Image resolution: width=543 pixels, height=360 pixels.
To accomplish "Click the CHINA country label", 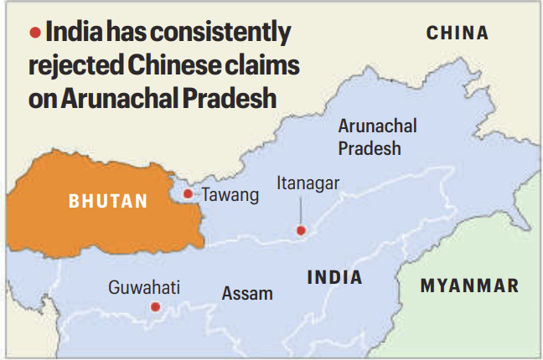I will (457, 33).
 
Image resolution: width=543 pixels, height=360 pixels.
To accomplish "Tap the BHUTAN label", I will (108, 201).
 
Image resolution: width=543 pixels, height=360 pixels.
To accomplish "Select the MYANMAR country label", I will (469, 286).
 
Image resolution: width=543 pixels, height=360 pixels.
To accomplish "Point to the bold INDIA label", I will (334, 277).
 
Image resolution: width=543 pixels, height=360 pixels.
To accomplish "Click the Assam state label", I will (247, 293).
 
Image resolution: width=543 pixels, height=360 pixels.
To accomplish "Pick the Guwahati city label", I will (144, 288).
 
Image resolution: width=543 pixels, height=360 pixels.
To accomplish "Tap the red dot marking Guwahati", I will (155, 307).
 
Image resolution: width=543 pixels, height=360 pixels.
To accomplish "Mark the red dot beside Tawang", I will (188, 194).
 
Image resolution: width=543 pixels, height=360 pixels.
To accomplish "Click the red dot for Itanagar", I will (301, 230).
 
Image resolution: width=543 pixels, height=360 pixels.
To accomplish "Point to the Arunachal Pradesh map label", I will (376, 136).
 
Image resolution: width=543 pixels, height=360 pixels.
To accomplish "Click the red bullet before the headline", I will (34, 33).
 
